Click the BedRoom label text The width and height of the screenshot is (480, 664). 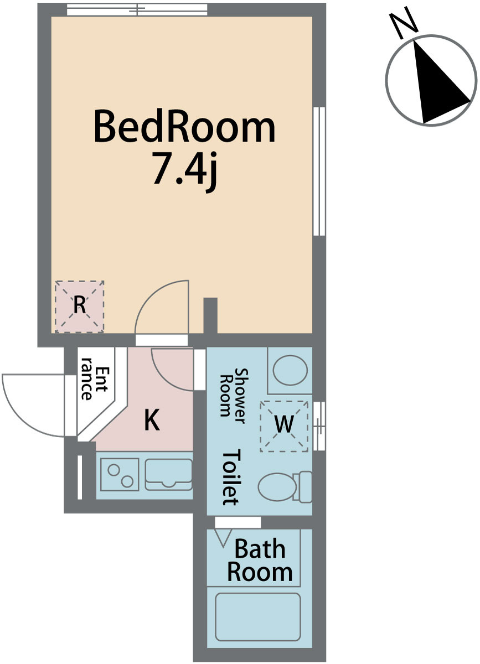184,126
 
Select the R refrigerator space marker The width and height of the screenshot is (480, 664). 80,306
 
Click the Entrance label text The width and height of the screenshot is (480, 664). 94,383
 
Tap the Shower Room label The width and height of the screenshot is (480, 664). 233,396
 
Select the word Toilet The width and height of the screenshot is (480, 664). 230,478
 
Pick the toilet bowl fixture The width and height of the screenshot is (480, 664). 285,487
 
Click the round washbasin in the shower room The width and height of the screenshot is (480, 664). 290,371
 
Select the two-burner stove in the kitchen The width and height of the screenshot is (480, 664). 120,475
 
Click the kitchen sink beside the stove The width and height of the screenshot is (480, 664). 168,475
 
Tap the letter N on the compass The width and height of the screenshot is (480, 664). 404,23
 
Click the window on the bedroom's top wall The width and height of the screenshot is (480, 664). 137,9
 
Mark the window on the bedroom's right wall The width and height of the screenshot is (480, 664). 319,171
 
